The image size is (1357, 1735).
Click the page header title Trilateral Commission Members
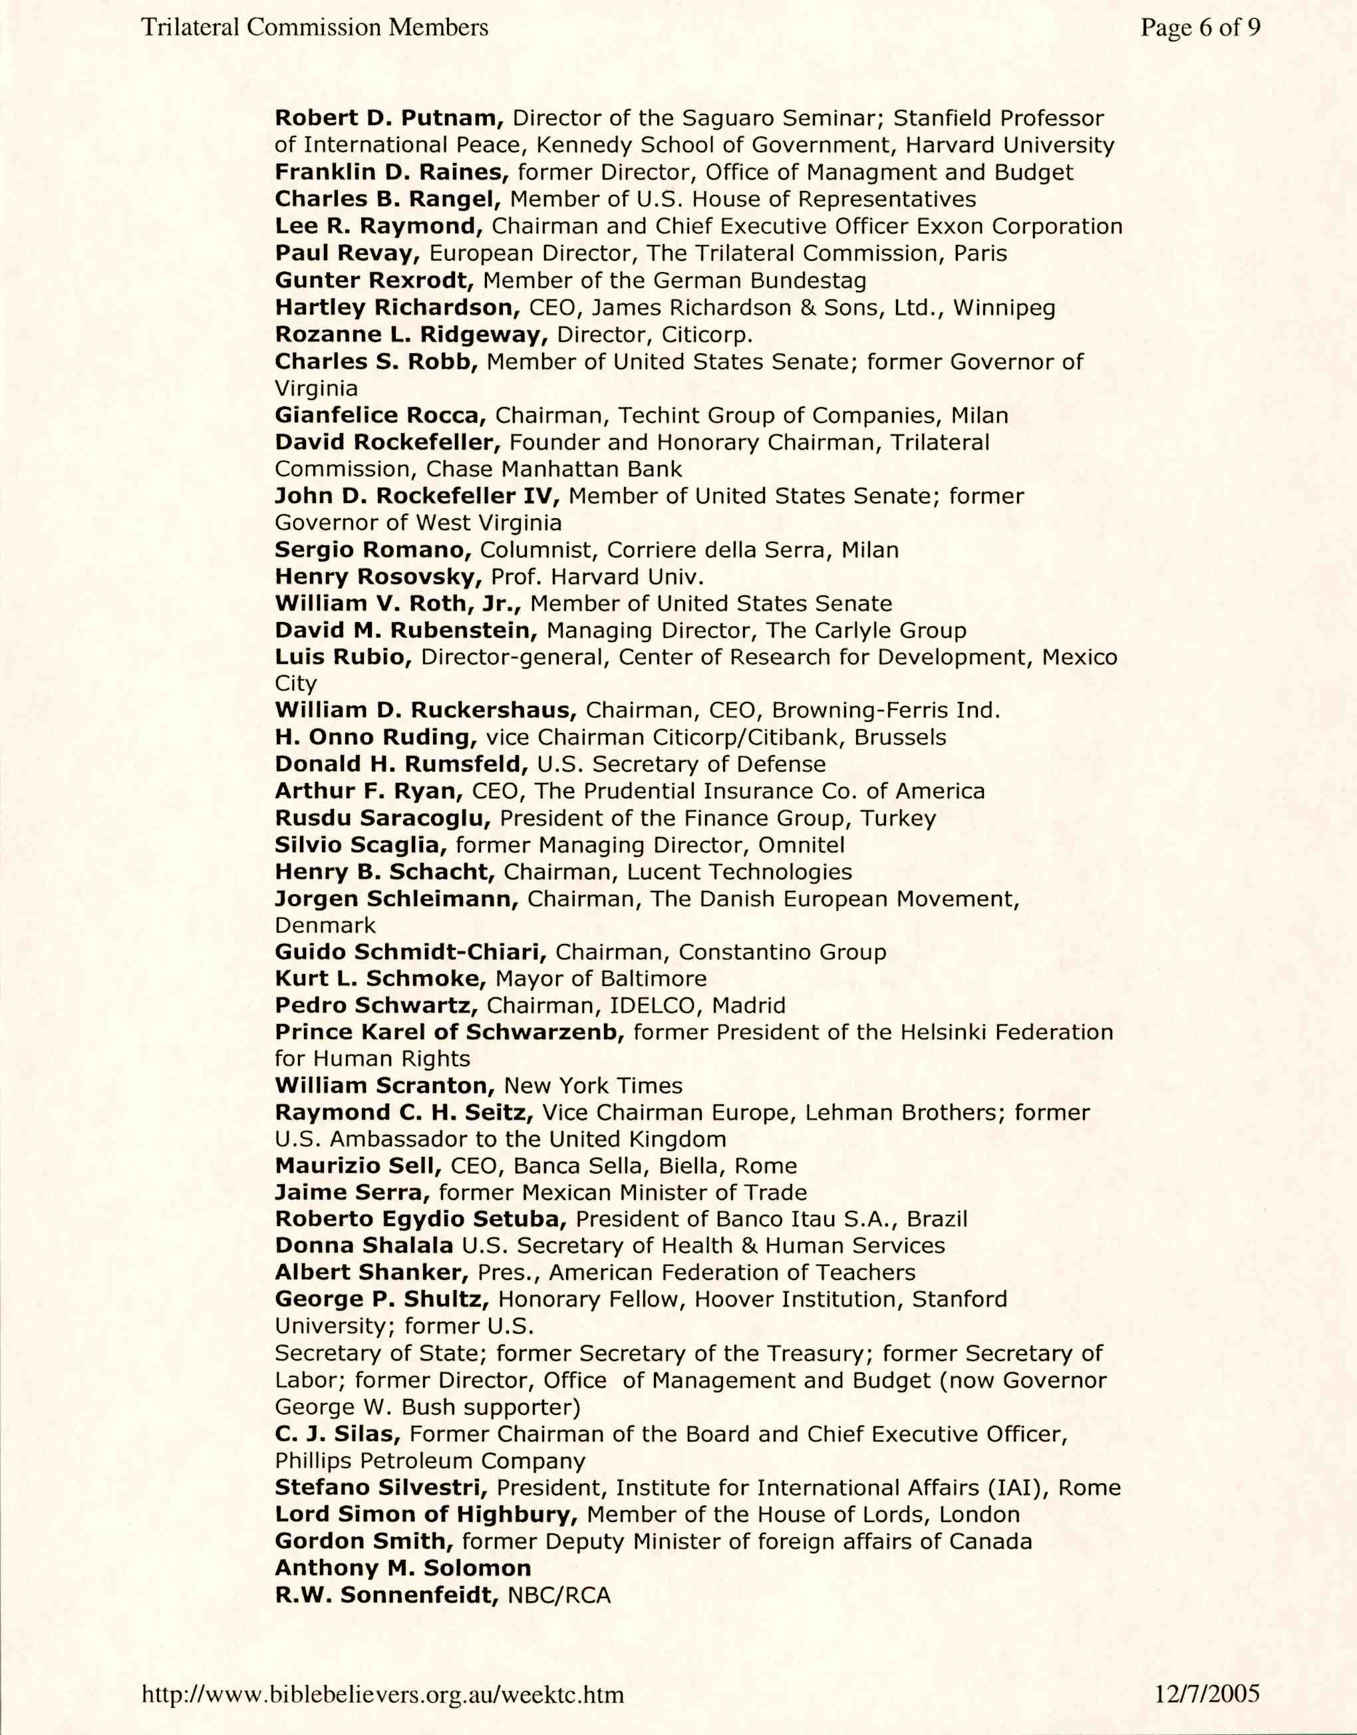click(x=315, y=29)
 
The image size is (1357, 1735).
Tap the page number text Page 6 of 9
click(x=1200, y=29)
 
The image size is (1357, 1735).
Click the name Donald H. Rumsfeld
click(x=401, y=764)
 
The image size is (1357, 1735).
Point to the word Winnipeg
click(x=1004, y=307)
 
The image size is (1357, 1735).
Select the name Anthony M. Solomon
click(x=403, y=1568)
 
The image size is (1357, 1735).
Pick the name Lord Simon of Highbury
click(x=426, y=1515)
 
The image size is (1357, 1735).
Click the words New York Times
click(x=593, y=1086)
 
